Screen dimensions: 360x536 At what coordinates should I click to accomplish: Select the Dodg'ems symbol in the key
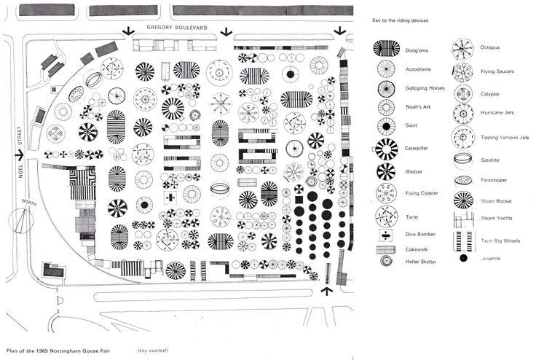pos(386,48)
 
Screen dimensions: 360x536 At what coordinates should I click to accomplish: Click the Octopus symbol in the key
pos(463,48)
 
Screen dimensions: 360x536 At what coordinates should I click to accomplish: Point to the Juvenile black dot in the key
pos(463,258)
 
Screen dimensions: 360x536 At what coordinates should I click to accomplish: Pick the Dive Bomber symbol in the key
pos(385,235)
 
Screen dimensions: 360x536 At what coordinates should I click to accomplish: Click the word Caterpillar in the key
pos(419,148)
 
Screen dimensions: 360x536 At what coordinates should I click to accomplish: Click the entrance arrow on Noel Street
pos(17,154)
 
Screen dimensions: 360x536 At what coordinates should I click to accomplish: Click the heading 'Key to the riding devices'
pos(400,20)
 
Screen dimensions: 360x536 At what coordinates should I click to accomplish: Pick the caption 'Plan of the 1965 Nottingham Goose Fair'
pos(58,351)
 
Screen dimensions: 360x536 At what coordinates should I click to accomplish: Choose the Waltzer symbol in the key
pos(385,172)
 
